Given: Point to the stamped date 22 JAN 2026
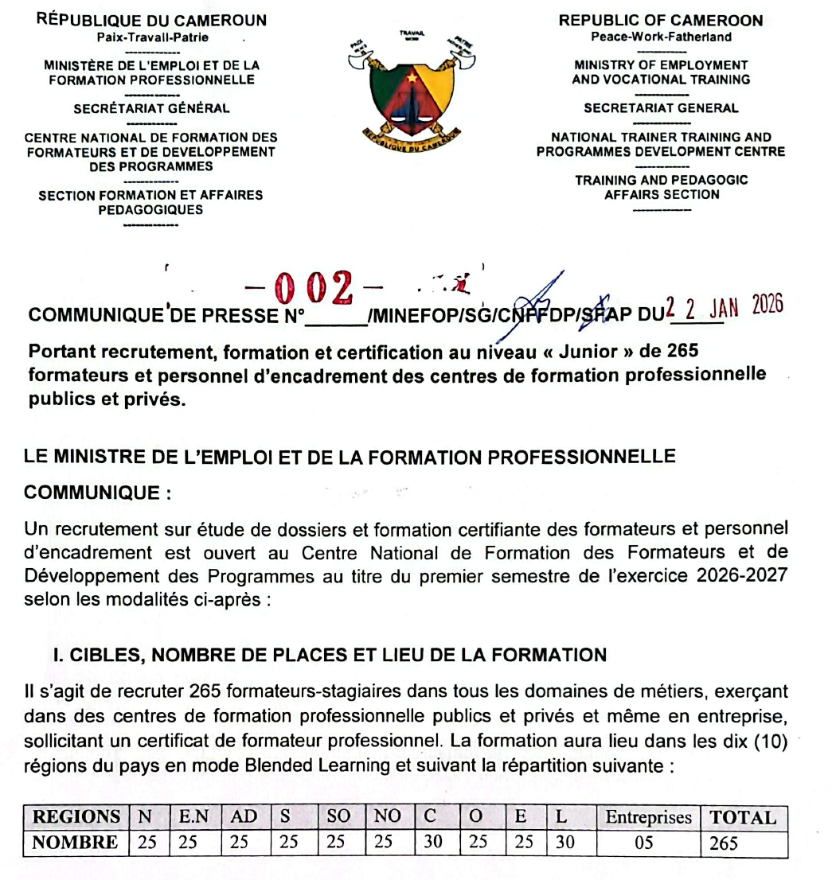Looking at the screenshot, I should [724, 306].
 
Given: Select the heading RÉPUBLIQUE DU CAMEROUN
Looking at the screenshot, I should [151, 21].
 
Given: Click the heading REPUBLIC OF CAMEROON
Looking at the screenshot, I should [661, 21].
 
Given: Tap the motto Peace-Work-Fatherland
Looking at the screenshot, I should [661, 37].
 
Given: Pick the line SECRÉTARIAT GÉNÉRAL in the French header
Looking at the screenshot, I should [151, 109].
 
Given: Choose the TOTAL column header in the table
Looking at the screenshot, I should [743, 817].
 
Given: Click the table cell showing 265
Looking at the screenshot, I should [724, 843].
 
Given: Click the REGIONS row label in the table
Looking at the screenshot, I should [75, 817].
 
